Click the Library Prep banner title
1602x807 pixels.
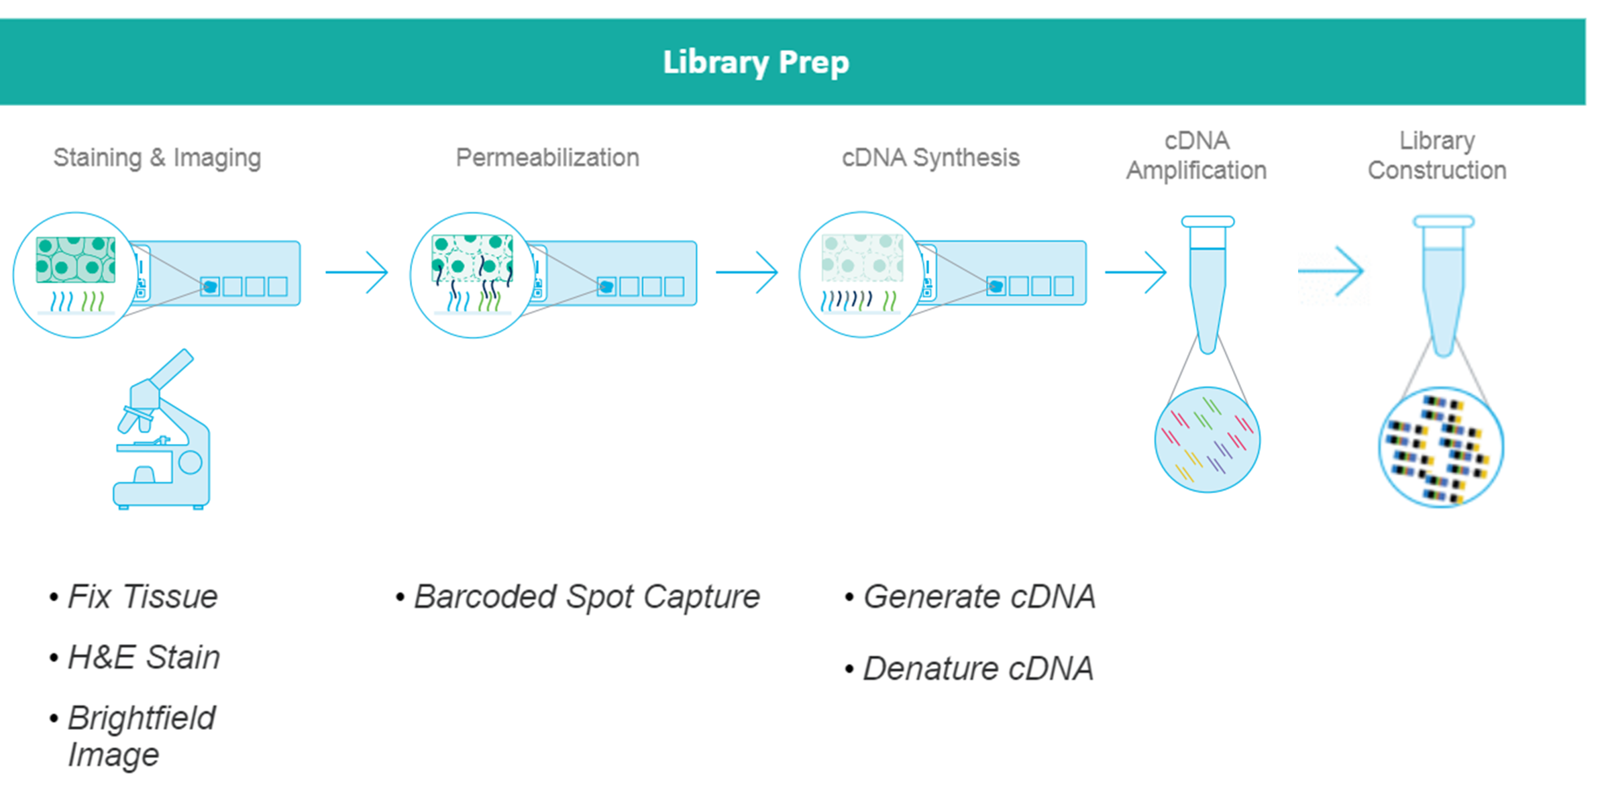(x=756, y=62)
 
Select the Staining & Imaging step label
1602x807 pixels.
(x=157, y=158)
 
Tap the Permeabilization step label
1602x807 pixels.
(x=547, y=158)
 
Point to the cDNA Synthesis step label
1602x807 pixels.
(x=930, y=158)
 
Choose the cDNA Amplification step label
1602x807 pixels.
(x=1196, y=156)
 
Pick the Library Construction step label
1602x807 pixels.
(x=1437, y=156)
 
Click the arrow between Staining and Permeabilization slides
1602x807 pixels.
(x=357, y=272)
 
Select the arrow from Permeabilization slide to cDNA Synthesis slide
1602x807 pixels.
(x=747, y=272)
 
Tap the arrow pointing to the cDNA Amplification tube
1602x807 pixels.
(x=1136, y=272)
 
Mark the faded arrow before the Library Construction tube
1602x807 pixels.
(x=1331, y=272)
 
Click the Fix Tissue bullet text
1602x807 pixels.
(x=142, y=596)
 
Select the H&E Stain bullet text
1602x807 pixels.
(x=144, y=657)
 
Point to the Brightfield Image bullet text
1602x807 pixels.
(x=141, y=736)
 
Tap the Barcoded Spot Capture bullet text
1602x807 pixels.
(x=586, y=596)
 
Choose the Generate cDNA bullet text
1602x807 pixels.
(x=979, y=596)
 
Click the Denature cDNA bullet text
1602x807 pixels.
(x=978, y=668)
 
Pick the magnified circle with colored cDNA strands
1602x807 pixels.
(x=1208, y=440)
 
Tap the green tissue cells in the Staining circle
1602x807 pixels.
(x=76, y=260)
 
